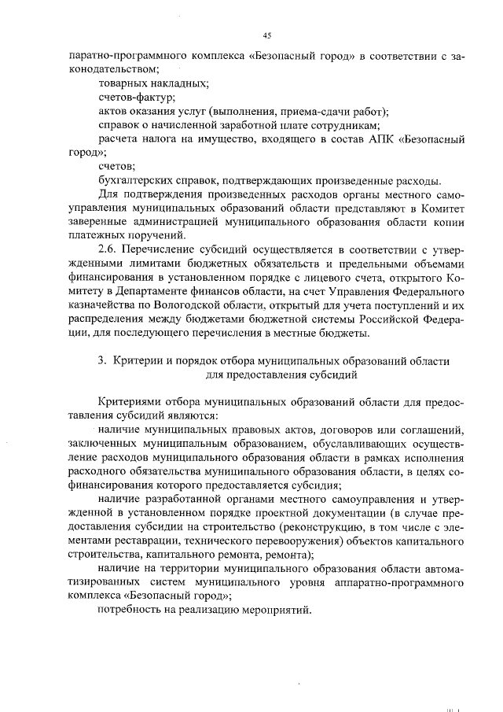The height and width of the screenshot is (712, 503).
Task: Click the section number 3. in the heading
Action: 101,360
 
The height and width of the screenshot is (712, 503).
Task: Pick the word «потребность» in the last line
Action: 132,611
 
